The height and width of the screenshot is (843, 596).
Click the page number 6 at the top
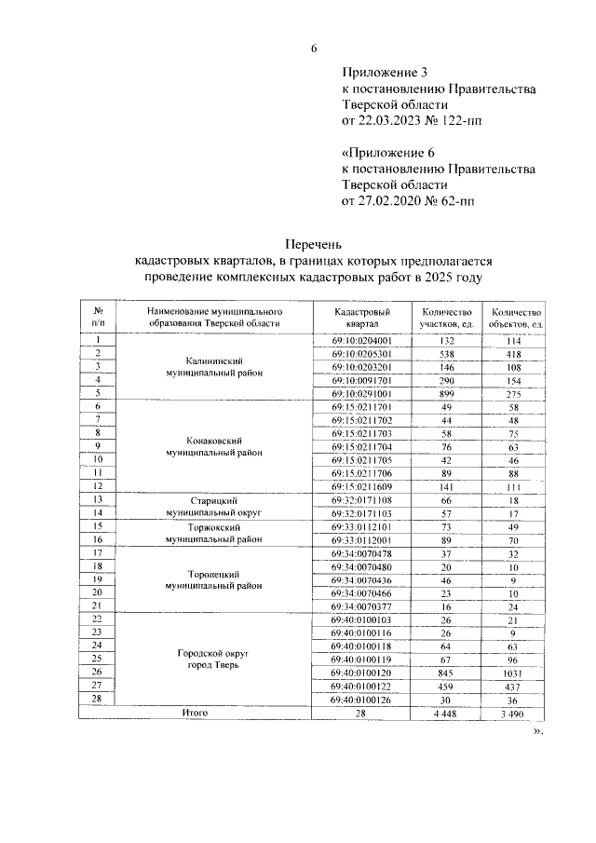[314, 49]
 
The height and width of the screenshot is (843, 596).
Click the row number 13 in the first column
[97, 499]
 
